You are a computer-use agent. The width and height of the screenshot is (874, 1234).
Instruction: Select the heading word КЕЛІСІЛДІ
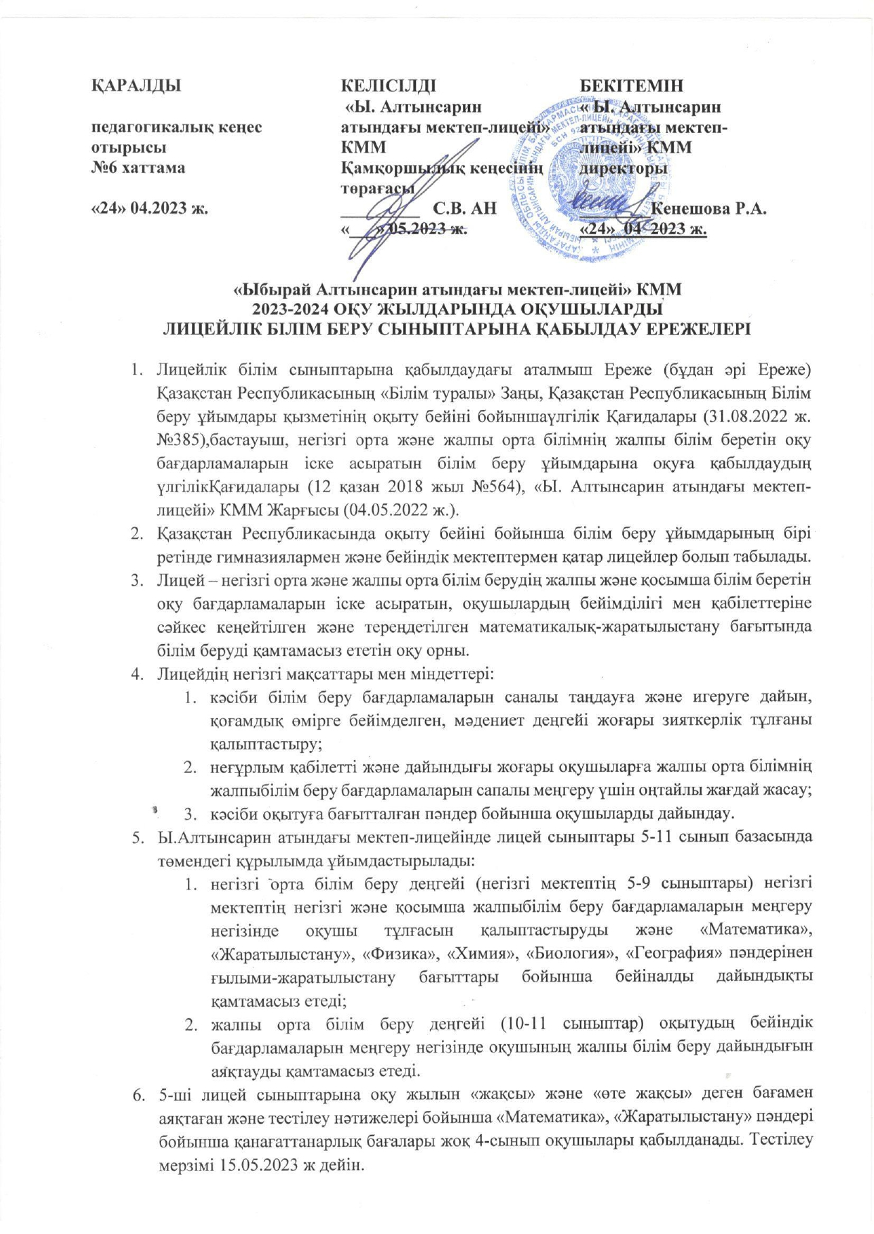click(x=388, y=86)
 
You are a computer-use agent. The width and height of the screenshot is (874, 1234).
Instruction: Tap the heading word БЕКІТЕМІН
click(x=631, y=86)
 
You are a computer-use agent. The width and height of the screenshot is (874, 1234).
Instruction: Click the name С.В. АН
click(x=465, y=209)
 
